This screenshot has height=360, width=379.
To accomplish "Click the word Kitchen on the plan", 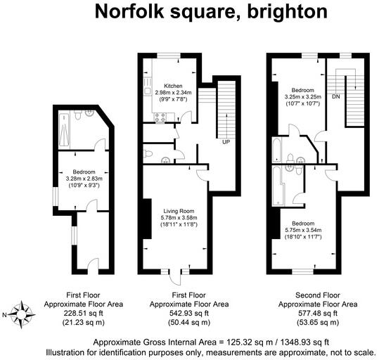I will [174, 86].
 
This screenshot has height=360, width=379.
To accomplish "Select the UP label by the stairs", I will [226, 143].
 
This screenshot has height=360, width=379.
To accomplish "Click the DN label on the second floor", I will [336, 96].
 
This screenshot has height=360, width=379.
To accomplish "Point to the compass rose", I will [23, 314].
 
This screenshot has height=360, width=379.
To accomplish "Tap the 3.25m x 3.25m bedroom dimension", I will [302, 96].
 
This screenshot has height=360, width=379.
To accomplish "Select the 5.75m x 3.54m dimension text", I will [302, 230].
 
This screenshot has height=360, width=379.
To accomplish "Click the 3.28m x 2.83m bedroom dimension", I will [84, 179].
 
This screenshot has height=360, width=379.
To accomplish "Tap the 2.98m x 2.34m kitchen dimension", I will [174, 94].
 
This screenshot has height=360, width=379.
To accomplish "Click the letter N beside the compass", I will [5, 314].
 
